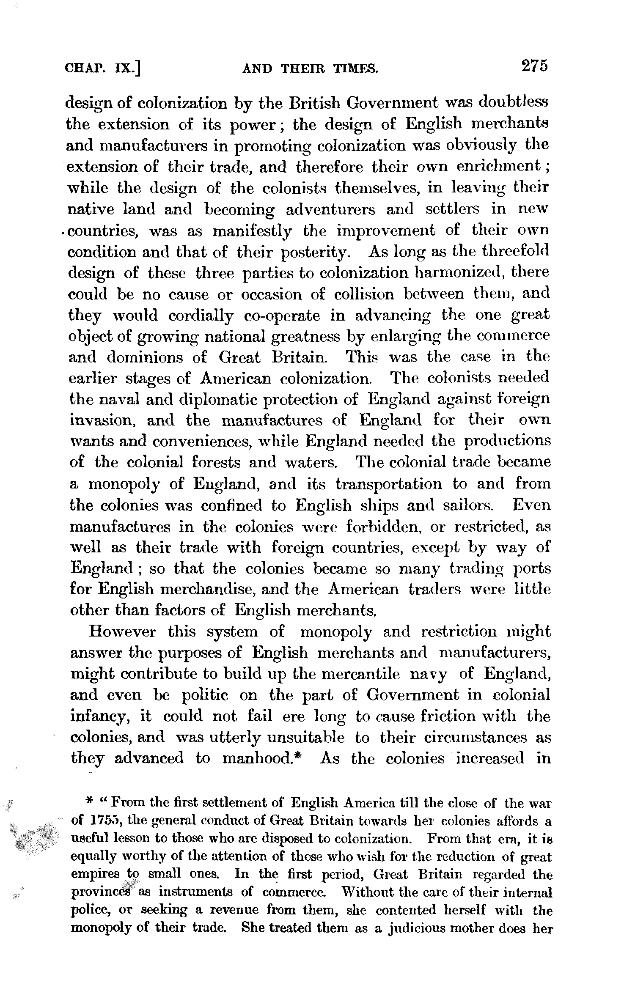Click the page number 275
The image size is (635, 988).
534,67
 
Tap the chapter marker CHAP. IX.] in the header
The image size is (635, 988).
102,69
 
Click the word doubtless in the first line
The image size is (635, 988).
513,103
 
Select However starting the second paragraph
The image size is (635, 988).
122,632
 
